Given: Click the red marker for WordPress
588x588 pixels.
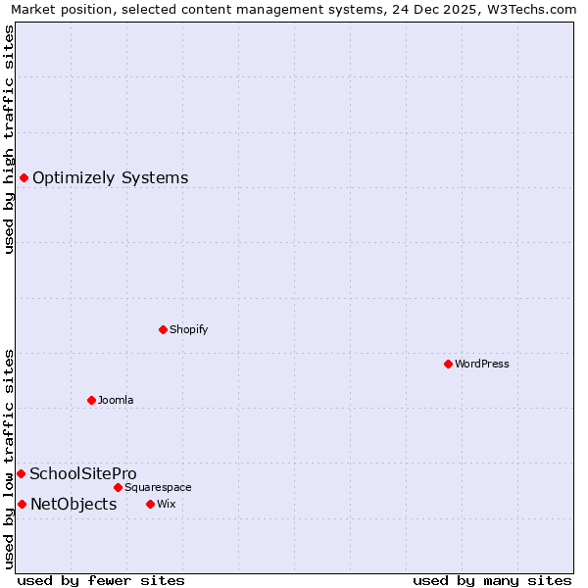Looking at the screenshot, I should pos(448,364).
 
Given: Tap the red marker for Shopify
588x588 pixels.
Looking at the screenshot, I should pos(163,329).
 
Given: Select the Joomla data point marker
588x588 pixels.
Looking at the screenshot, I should pos(91,400).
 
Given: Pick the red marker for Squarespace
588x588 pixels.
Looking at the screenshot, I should pos(118,487).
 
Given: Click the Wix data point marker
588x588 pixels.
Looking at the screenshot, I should pos(150,504).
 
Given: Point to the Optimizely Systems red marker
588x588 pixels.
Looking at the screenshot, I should pos(24,177).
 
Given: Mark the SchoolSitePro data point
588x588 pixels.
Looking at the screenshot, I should pos(21,473).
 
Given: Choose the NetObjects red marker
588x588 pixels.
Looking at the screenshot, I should pos(22,504).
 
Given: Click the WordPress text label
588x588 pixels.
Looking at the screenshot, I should pos(481,364).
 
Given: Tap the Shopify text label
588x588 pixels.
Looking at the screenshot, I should pos(188,329).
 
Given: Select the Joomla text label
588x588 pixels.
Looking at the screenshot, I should pos(116,400).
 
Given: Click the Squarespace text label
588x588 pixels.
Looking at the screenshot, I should pos(158,487).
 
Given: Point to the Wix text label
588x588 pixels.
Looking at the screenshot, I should pos(166,504).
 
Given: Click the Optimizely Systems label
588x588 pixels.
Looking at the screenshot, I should pos(110,177).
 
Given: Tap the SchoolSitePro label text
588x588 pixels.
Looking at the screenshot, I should pos(82,473).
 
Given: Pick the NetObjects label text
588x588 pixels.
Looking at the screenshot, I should pos(73,504).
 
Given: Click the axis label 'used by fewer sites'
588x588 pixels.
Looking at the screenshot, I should pos(101,580).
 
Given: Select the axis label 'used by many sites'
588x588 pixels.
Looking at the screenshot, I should pos(492,580).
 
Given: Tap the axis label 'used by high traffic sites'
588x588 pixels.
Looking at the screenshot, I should pos(10,139).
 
